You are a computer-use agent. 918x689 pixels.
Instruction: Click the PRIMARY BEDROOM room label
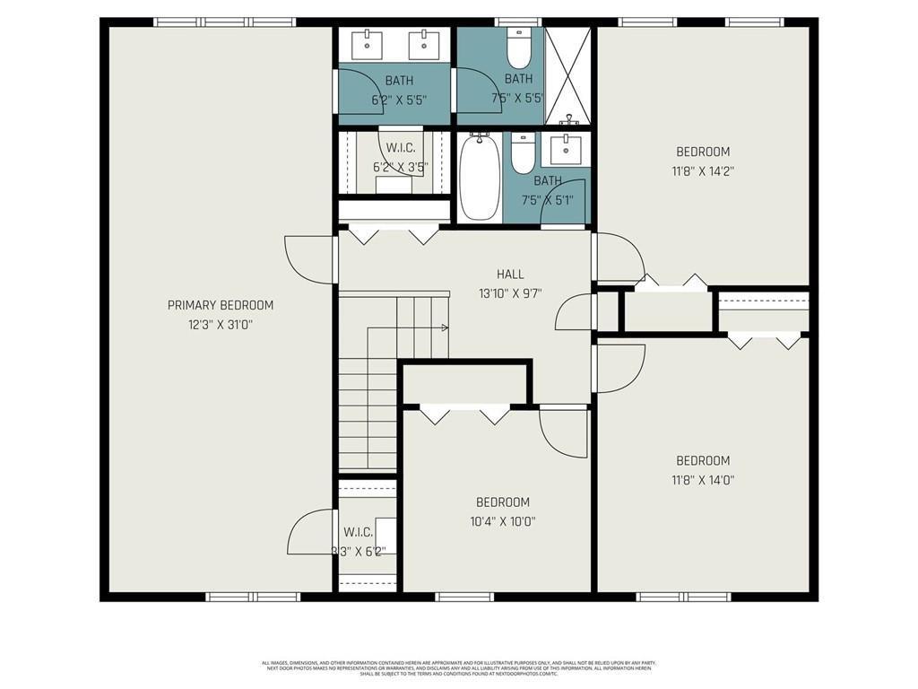221,305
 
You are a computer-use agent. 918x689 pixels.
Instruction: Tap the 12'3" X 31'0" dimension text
221,325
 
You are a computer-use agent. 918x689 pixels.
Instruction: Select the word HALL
510,275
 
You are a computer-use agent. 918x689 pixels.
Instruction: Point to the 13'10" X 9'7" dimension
510,293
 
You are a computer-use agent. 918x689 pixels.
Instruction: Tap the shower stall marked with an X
568,75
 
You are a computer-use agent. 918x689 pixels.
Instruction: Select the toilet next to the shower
519,50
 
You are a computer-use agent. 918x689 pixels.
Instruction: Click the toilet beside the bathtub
523,154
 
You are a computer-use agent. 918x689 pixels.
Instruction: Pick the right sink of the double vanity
421,42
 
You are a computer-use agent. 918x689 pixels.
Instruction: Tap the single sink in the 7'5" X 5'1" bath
566,149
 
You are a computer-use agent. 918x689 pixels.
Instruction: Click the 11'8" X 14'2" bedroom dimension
703,170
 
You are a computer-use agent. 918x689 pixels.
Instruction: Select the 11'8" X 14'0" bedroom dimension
703,480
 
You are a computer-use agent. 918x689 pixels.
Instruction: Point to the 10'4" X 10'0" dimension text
502,521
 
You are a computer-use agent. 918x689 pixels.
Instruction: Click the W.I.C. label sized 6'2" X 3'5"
400,157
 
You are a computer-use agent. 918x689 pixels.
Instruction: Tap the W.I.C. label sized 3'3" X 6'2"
358,542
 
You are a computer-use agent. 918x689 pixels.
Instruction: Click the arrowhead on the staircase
445,328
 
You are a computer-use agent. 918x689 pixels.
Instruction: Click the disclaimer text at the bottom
459,668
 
